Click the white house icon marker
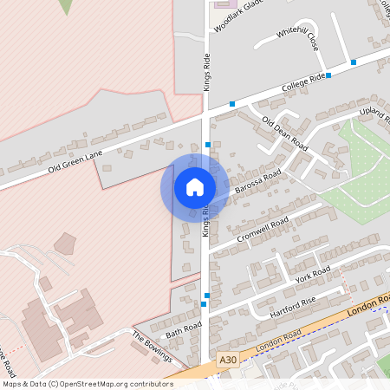195,187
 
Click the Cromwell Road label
262,231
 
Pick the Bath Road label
183,328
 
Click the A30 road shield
227,360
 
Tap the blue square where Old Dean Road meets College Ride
232,104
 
